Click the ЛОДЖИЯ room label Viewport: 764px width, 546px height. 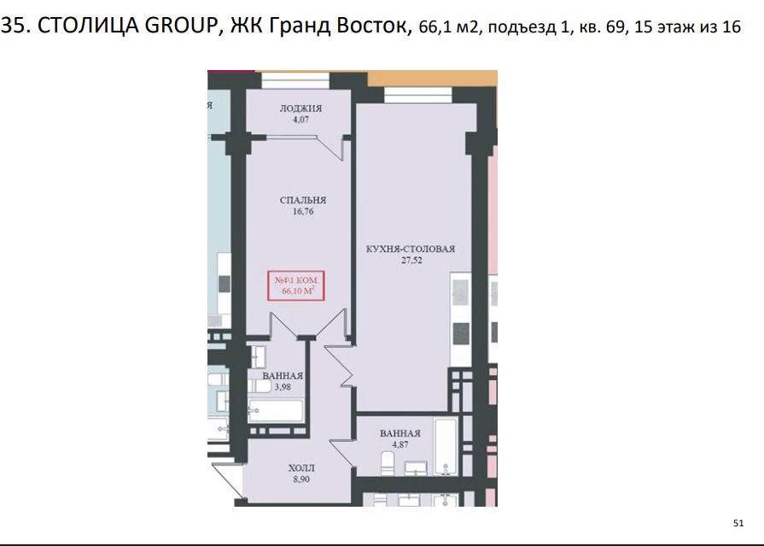click(300, 109)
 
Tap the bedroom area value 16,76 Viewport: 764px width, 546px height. click(303, 211)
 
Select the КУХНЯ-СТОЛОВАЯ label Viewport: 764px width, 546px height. click(411, 249)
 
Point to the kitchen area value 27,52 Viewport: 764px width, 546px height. click(411, 260)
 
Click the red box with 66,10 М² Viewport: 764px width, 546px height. click(296, 285)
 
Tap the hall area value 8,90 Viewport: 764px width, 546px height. click(301, 479)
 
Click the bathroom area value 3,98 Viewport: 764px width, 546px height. click(283, 387)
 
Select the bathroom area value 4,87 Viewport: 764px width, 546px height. click(400, 444)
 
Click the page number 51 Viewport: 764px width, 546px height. click(738, 523)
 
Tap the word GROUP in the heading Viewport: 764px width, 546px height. click(180, 26)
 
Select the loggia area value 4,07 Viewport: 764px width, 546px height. click(300, 120)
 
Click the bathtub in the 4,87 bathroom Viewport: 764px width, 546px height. click(446, 447)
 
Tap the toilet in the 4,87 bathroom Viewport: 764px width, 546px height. click(387, 462)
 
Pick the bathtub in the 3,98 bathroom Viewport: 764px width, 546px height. click(275, 411)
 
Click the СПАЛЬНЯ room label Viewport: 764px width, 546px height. click(302, 200)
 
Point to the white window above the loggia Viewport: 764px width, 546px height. click(295, 80)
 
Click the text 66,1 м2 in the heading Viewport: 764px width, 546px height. click(448, 26)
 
